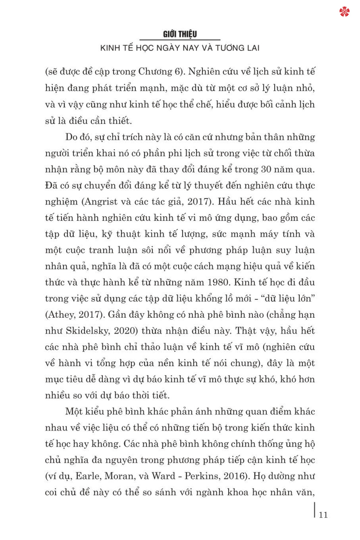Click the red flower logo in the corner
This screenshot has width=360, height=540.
point(344,12)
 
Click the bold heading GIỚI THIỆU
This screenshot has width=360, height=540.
point(180,34)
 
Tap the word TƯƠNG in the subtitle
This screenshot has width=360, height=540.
point(230,48)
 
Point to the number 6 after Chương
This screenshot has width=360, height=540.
point(177,71)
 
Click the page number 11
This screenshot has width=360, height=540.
point(323,515)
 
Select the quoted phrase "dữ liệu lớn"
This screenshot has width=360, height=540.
point(288,298)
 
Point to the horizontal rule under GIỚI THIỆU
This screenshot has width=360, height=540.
point(180,40)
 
